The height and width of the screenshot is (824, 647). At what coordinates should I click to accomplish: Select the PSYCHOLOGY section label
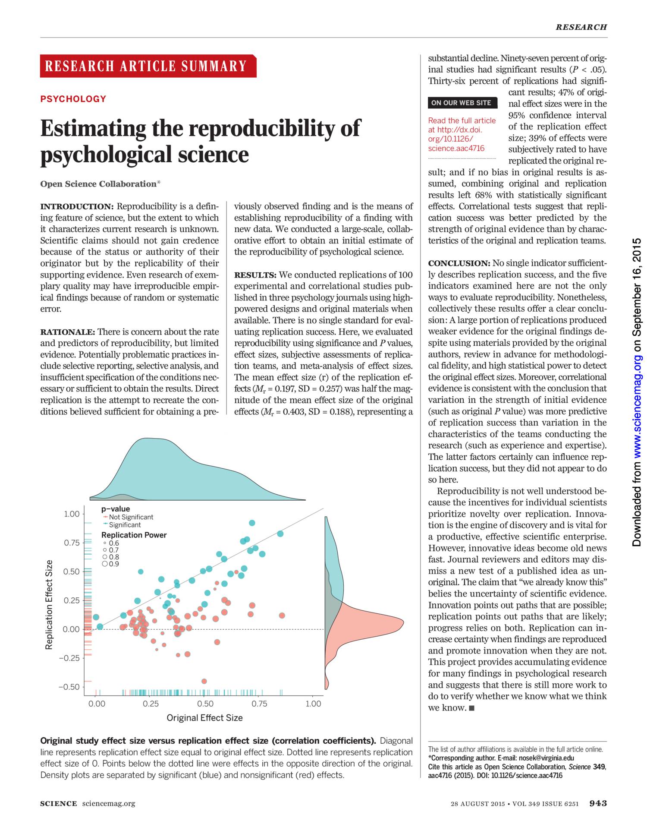point(73,99)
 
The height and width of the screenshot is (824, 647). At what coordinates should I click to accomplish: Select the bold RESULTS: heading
point(255,275)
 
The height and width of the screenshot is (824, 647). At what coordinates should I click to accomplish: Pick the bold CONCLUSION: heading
point(459,263)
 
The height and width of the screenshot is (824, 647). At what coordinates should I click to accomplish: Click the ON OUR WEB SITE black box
point(461,103)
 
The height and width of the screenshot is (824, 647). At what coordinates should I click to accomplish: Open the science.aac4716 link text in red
point(456,148)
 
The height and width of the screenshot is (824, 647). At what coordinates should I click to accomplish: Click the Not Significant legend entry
point(131,517)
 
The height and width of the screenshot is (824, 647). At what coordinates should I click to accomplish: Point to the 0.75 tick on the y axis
point(72,543)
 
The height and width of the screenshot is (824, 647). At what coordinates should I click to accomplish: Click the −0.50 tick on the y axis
point(69,687)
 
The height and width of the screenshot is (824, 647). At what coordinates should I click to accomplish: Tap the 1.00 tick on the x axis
point(313,704)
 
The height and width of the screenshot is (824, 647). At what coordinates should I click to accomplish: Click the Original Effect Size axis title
point(204,718)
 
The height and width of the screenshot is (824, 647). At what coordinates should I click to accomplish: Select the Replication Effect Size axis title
point(49,604)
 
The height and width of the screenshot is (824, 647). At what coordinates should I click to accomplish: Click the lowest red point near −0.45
point(204,681)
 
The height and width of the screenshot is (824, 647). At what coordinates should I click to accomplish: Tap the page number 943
point(598,803)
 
